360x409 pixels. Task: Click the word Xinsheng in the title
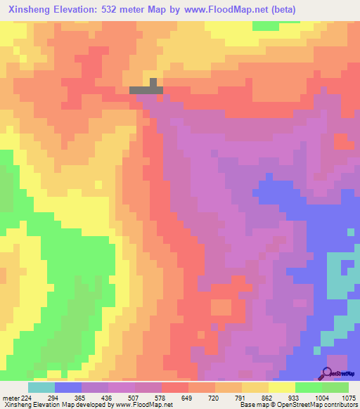29,10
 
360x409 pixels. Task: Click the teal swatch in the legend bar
41,387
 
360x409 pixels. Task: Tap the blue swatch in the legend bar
68,387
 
